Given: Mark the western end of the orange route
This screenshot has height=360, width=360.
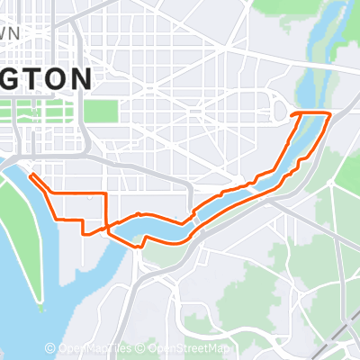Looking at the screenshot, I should tap(31, 175).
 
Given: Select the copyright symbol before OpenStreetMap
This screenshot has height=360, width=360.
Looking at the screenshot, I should tap(143, 348).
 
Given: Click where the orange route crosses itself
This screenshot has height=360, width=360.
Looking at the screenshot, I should tap(110, 226).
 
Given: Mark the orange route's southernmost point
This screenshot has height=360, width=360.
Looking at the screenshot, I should tap(139, 246).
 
